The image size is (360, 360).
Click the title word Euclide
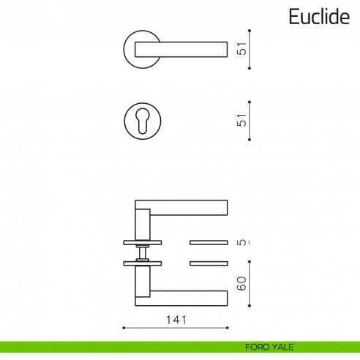tap(318, 17)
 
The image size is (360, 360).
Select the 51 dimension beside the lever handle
tap(242, 50)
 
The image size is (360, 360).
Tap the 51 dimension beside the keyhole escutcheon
tap(242, 120)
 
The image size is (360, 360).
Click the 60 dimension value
tap(242, 282)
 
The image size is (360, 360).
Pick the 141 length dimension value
tap(176, 320)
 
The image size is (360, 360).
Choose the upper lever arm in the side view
tap(187, 207)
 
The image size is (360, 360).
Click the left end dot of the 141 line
tap(124, 327)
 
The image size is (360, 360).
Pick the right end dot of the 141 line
tap(229, 327)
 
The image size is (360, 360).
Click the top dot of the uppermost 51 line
tap(250, 31)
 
